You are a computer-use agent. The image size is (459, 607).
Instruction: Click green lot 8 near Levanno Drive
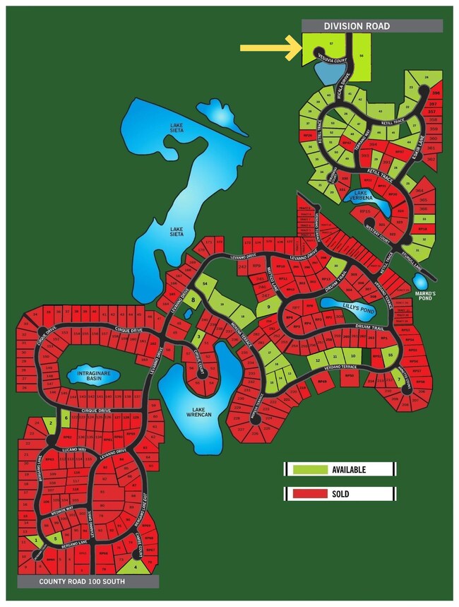[192, 300]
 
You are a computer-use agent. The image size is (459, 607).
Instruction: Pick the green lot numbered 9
[268, 307]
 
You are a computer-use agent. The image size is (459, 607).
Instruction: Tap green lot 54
[205, 283]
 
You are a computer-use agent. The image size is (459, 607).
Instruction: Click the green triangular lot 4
[136, 565]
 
